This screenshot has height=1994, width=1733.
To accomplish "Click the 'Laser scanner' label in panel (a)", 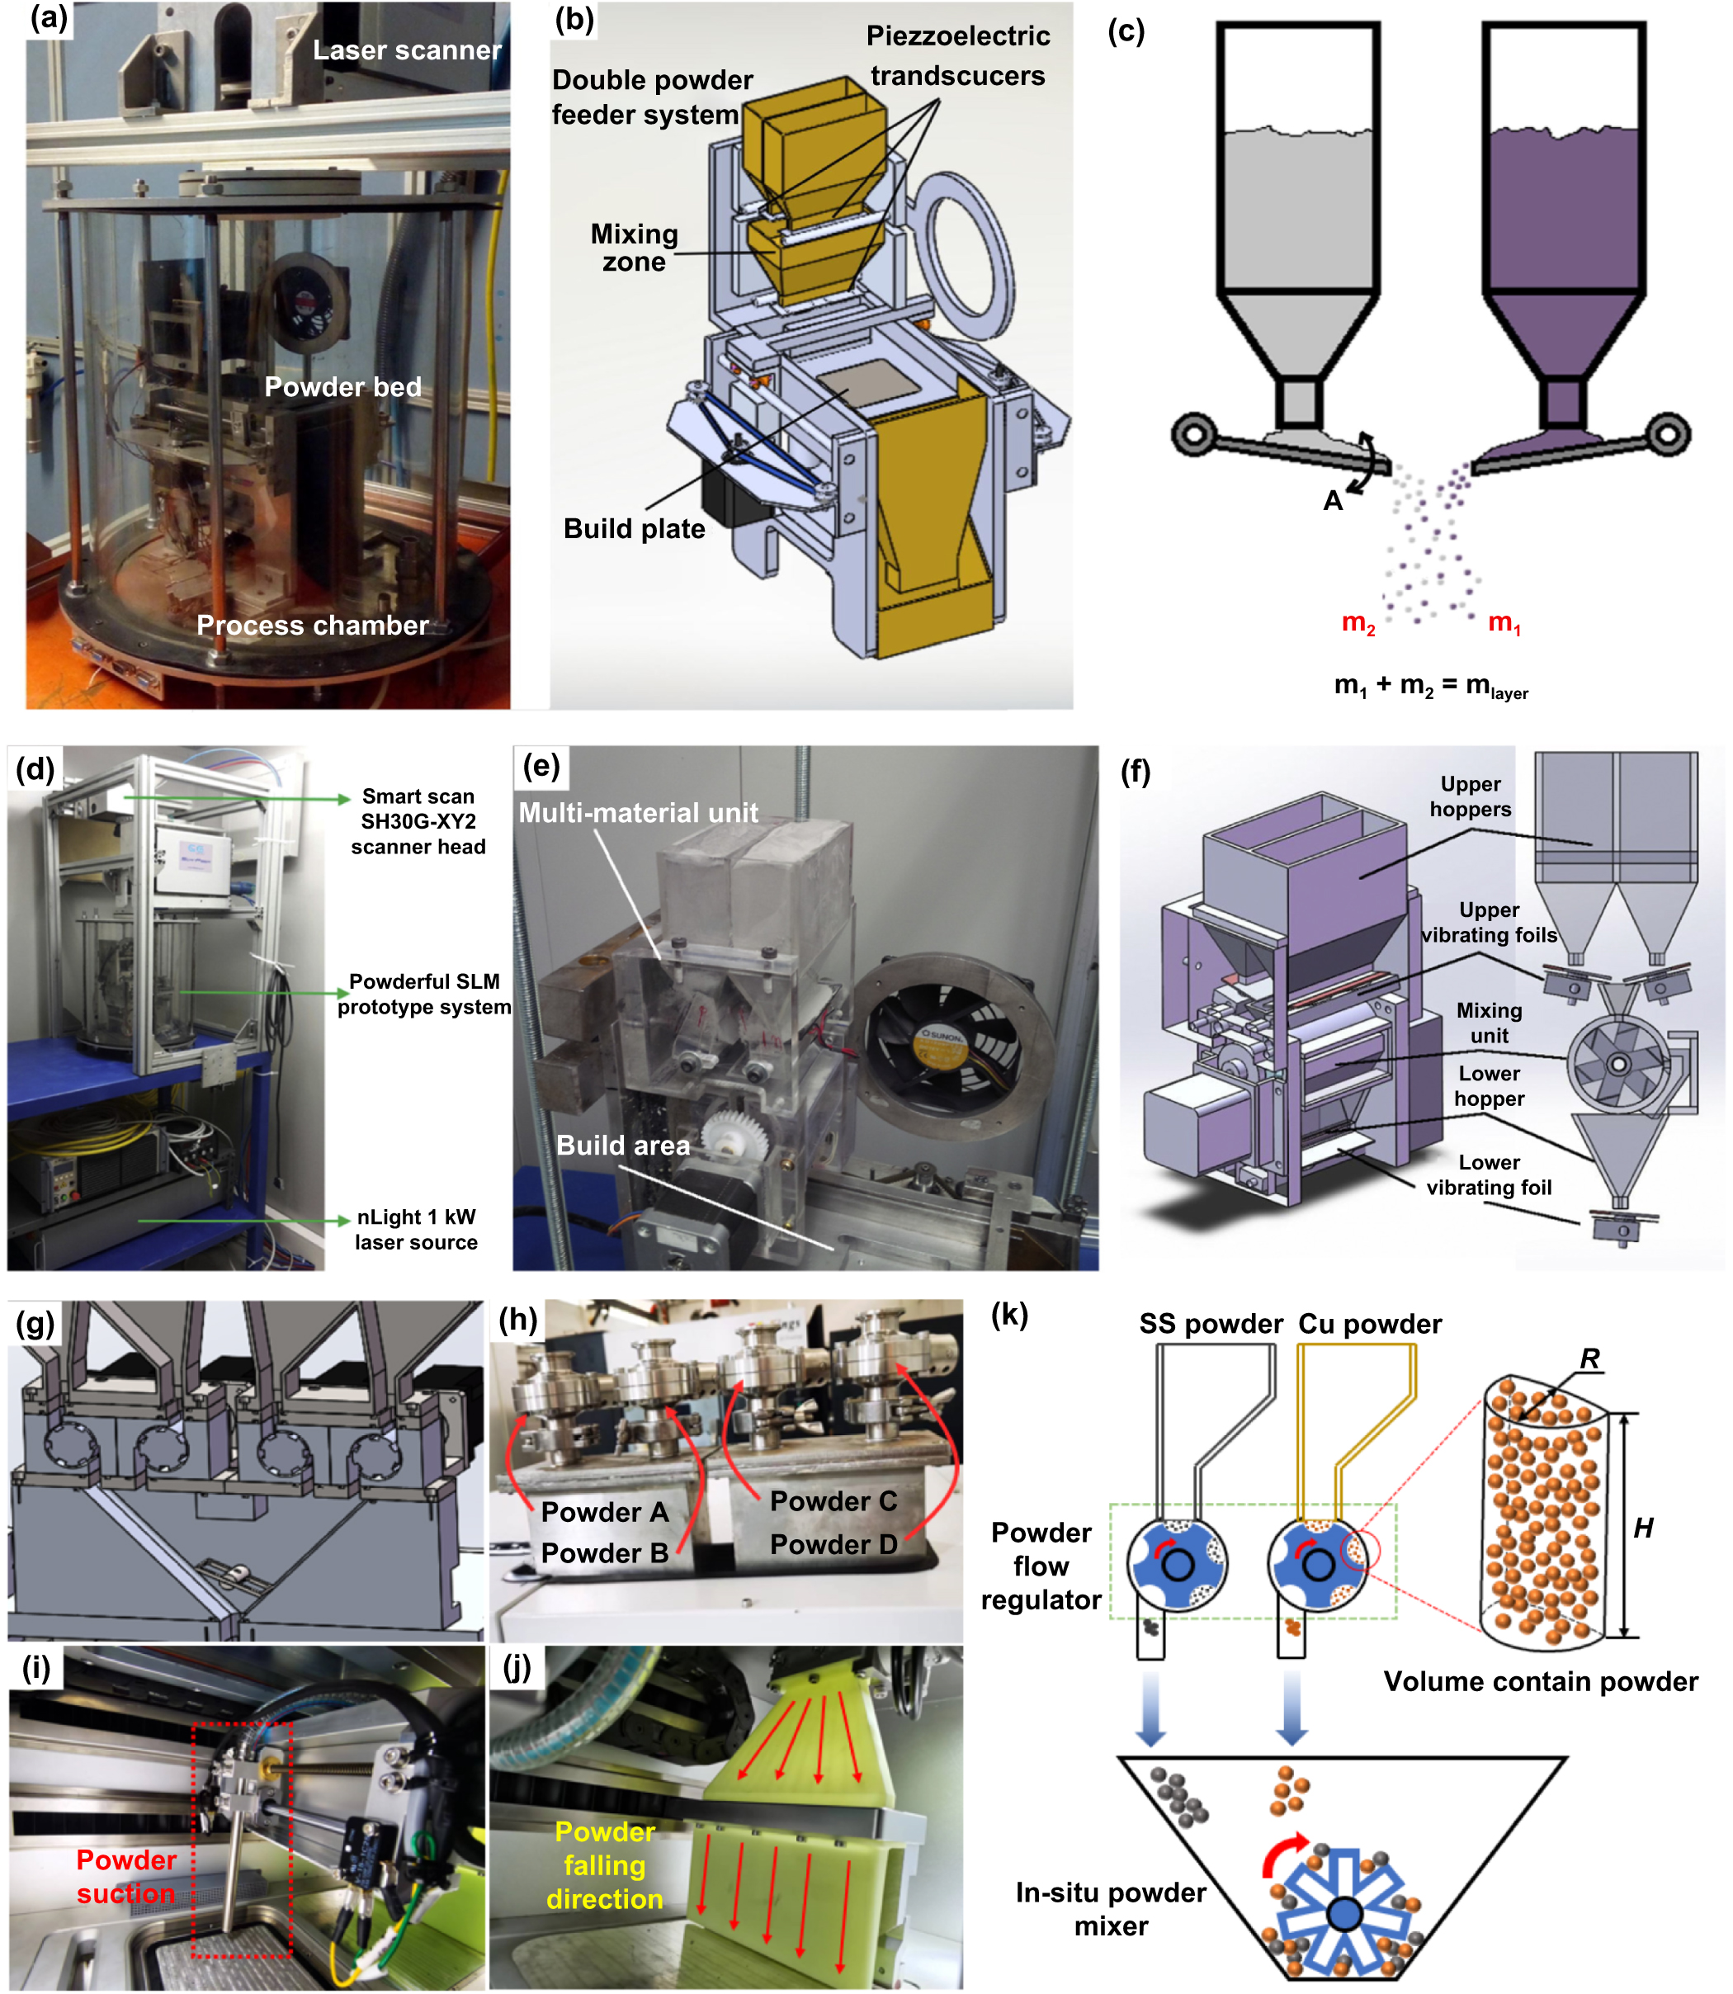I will (407, 50).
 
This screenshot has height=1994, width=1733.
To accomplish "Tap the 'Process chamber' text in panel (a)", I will (313, 626).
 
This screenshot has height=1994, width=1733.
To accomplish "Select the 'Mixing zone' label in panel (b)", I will (635, 248).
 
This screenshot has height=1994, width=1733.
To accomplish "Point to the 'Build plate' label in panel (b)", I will (635, 529).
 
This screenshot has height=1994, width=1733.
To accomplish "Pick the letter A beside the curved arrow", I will (1333, 501).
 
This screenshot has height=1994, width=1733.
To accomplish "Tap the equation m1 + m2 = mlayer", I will (1430, 687).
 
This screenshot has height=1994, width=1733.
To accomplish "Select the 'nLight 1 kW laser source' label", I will (416, 1229).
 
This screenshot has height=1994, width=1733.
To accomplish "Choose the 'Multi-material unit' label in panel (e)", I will (638, 813).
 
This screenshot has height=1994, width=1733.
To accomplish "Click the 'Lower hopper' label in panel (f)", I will (1490, 1086).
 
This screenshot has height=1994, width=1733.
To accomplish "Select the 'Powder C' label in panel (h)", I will (833, 1500).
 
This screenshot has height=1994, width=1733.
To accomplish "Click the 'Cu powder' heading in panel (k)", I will (1369, 1324).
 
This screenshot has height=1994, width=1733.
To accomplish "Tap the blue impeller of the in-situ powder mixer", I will (1343, 1911).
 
